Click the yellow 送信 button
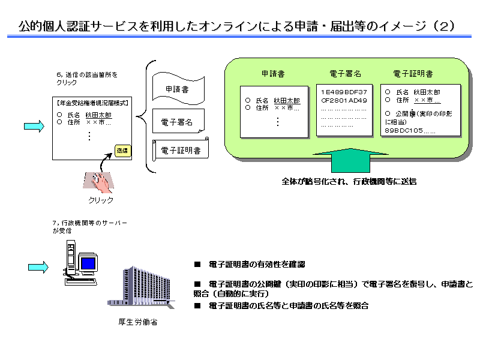coord(122,150)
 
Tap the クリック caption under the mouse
coord(100,200)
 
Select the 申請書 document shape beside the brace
coord(178,89)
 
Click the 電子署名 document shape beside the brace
coord(178,122)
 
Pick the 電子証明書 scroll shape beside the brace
coord(181,149)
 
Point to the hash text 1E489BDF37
coord(344,92)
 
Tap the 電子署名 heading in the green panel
coord(345,74)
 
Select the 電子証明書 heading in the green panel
coord(413,74)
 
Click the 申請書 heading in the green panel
coord(273,74)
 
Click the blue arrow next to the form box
coord(34,126)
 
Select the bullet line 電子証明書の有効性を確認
coord(257,265)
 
